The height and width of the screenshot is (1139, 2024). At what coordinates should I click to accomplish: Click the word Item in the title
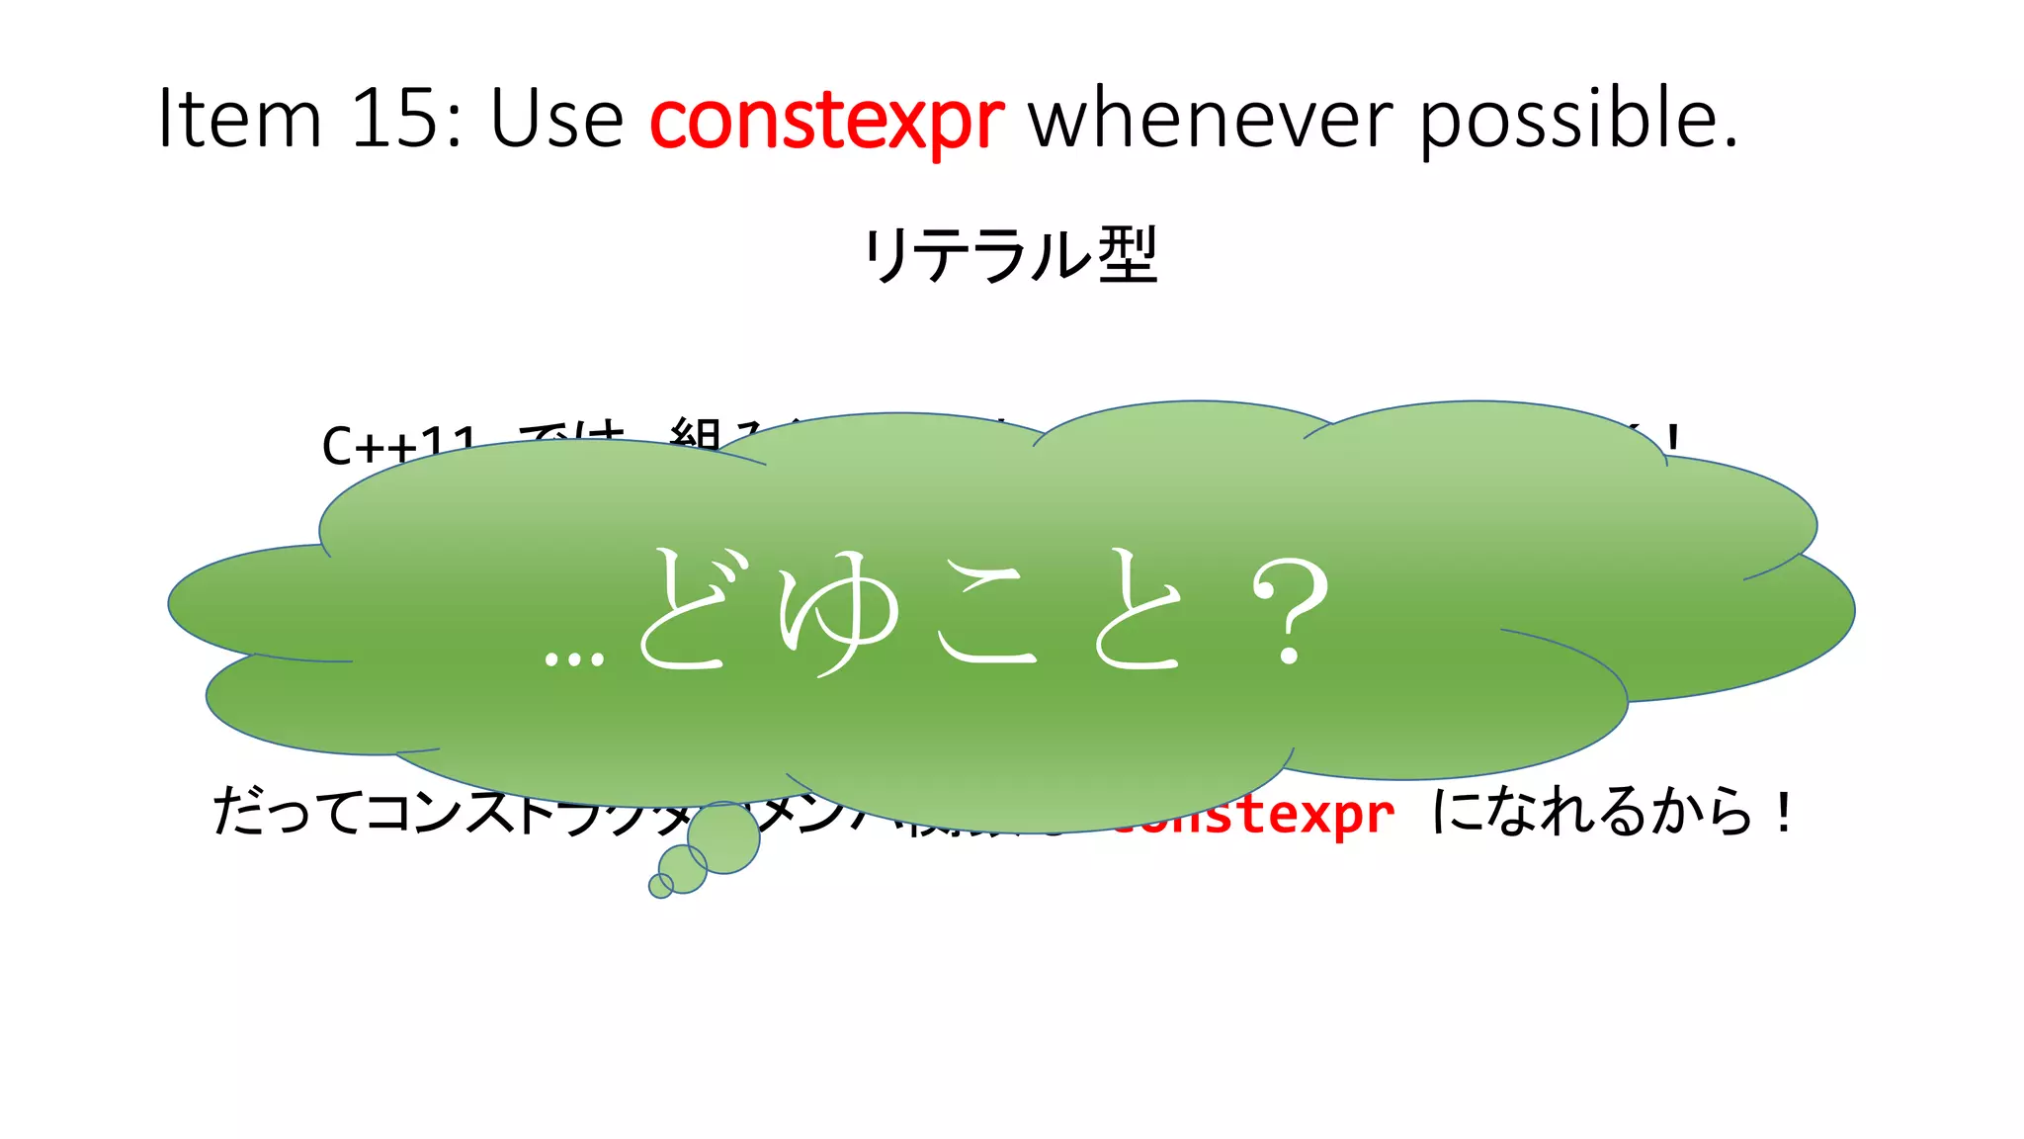tap(240, 119)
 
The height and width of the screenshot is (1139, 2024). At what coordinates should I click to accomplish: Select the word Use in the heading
tap(556, 119)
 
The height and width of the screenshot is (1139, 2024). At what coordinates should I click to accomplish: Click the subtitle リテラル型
tap(1010, 255)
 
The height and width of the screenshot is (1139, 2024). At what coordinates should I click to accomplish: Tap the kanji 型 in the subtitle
tap(1128, 255)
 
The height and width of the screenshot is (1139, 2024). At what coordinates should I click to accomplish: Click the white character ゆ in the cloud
tap(839, 613)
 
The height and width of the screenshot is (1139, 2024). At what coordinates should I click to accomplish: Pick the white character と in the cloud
tap(1138, 611)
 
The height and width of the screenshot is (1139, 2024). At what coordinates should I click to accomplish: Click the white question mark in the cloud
tap(1290, 611)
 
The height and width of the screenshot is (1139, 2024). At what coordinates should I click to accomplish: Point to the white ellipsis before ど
tap(574, 658)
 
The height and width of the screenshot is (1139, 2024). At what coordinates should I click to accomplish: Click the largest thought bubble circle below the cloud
tap(724, 838)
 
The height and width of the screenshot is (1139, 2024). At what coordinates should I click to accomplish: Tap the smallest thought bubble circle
tap(660, 886)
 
